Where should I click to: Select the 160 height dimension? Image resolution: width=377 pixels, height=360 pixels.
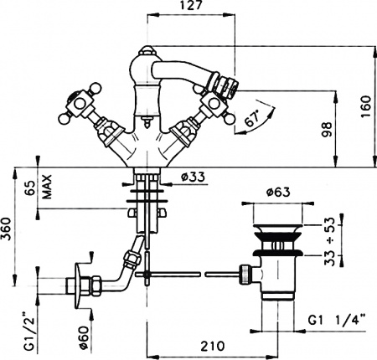[364, 105]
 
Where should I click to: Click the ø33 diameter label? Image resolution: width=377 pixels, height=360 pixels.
[194, 176]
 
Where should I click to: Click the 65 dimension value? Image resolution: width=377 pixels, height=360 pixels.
[31, 187]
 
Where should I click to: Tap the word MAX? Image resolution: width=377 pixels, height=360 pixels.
[49, 186]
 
